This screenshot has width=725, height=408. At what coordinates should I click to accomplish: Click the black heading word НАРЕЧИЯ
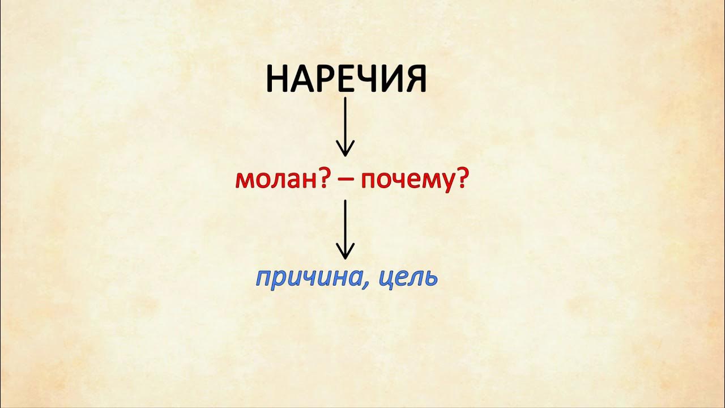pos(346,79)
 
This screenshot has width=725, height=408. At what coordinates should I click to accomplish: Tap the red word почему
pos(407,181)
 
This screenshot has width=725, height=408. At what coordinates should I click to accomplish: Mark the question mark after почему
pos(461,181)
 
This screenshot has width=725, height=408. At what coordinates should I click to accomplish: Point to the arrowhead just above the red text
pos(346,150)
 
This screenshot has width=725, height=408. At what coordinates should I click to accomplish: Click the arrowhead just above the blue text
pos(346,253)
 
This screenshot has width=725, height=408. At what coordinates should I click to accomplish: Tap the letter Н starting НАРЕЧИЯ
pos(276,79)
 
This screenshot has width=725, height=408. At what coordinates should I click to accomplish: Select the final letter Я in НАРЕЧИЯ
pos(415,79)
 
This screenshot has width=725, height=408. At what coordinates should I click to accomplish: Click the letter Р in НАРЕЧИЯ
pos(322,79)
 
